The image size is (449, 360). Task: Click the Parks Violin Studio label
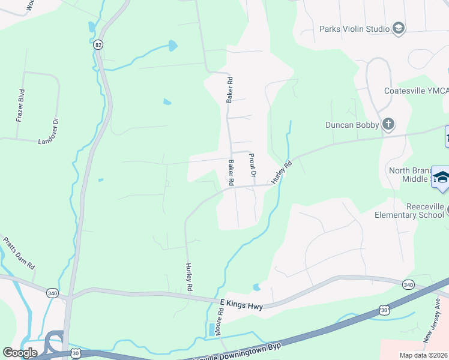[x=354, y=28]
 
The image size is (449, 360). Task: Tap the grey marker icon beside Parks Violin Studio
[x=398, y=28]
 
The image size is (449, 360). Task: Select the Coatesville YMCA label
[x=416, y=91]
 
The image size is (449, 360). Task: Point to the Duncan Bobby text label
[x=352, y=125]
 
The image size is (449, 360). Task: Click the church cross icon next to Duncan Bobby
[x=388, y=124]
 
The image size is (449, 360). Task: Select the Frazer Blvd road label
[x=20, y=106]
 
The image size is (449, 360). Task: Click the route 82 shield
[x=98, y=45]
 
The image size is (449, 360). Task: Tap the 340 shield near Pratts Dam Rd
[x=52, y=292]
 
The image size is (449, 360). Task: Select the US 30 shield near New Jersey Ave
[x=384, y=310]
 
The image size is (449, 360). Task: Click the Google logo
[x=20, y=352]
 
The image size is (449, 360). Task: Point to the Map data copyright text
[x=423, y=355]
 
